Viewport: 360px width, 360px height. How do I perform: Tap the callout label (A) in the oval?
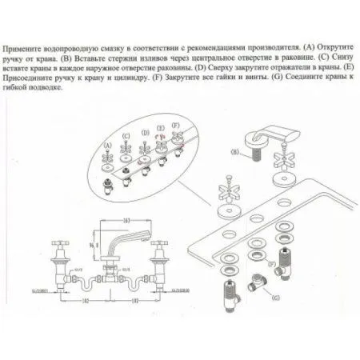tap(108, 145)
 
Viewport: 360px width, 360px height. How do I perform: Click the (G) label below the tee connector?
tap(276, 297)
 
